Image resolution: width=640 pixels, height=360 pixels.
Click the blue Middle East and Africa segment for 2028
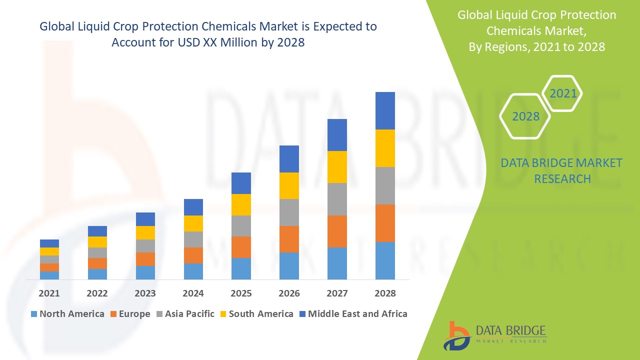(x=385, y=110)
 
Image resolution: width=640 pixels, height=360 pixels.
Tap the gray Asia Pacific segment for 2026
(x=289, y=212)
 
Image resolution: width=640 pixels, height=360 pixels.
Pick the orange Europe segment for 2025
(x=241, y=247)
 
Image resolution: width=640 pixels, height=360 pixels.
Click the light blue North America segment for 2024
(x=193, y=271)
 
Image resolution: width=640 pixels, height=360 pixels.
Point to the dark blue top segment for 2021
(x=49, y=243)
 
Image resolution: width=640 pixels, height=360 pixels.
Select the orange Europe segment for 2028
(x=385, y=223)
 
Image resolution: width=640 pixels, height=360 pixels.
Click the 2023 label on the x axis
(x=145, y=293)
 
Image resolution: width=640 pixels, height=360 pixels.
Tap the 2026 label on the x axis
(x=289, y=293)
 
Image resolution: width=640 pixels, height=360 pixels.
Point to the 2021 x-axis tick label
(x=49, y=293)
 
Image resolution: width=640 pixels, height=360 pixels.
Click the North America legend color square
(x=34, y=314)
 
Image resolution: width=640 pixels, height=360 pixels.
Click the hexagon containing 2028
(x=525, y=116)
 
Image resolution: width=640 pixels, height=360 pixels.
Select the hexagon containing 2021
(x=562, y=93)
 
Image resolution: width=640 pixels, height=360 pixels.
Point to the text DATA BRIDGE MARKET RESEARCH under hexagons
(x=561, y=170)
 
